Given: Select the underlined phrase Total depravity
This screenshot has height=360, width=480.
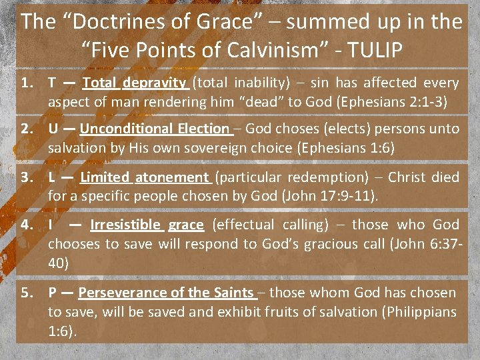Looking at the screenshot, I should [x=134, y=83].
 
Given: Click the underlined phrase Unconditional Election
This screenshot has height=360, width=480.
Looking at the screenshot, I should [x=155, y=129].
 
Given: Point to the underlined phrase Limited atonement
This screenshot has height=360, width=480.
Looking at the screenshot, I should [x=144, y=177].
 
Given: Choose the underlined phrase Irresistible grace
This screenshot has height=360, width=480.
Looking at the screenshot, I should [x=147, y=225].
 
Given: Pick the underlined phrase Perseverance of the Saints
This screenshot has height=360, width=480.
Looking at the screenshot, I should [x=165, y=292].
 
